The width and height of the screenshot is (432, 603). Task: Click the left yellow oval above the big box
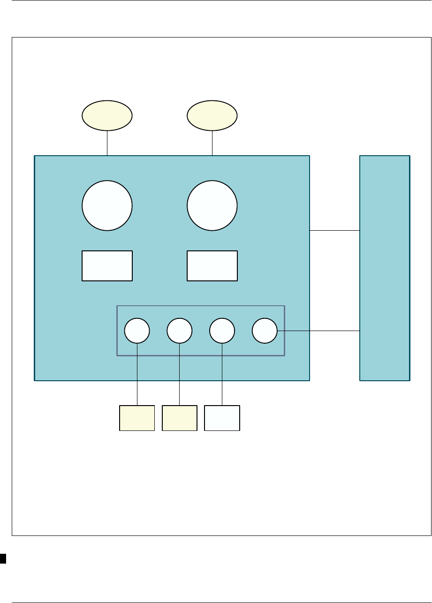point(107,115)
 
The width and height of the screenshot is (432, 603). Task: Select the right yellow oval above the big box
point(212,115)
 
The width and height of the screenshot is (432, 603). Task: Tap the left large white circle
point(107,205)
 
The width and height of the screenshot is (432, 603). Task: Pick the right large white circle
point(212,205)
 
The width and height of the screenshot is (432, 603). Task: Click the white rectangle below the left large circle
point(107,266)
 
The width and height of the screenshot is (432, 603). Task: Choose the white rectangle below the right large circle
point(212,266)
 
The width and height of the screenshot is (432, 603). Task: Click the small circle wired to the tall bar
point(265,331)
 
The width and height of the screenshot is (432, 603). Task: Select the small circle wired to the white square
point(222,331)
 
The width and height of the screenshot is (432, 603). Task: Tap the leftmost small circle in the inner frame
point(137,331)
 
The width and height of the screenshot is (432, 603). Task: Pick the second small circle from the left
point(180,331)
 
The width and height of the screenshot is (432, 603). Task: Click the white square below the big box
point(222,418)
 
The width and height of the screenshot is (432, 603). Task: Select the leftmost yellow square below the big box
point(137,418)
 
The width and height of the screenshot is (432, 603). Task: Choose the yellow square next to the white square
point(180,418)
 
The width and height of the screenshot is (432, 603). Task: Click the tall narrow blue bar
point(385,268)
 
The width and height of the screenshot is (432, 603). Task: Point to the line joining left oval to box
point(107,143)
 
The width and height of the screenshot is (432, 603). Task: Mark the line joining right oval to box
point(212,143)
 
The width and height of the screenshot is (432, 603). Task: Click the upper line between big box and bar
point(334,230)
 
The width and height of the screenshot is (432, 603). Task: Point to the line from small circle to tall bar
point(319,331)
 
